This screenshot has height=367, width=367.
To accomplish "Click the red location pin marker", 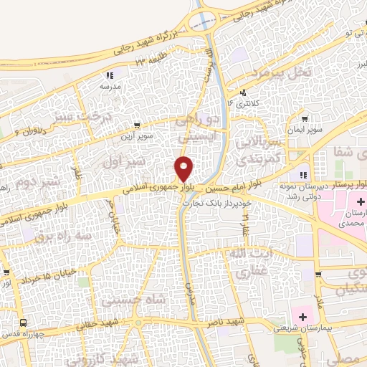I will point(184,168).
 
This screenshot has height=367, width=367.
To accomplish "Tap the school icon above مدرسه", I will point(110,75).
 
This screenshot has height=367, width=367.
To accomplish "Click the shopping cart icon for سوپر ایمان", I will point(305,119).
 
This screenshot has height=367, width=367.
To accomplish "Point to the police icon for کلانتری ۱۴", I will point(244,92).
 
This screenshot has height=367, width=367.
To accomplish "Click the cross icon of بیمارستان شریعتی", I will point(302,316).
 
